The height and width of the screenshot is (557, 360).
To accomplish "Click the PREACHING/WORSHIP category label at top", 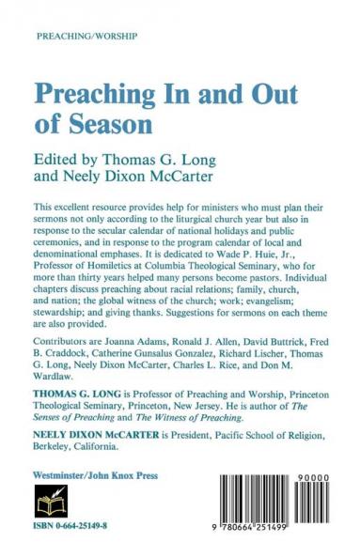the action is click(x=86, y=35).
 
